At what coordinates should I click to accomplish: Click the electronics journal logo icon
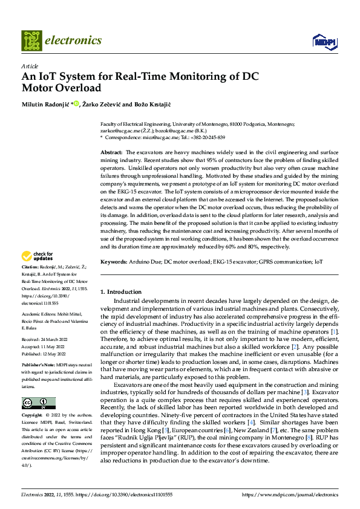coord(31,41)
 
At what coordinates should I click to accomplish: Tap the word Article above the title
coord(30,66)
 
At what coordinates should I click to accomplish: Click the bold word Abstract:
coord(111,152)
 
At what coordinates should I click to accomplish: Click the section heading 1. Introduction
coord(122,291)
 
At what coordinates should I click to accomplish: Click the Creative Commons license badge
coord(39,386)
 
